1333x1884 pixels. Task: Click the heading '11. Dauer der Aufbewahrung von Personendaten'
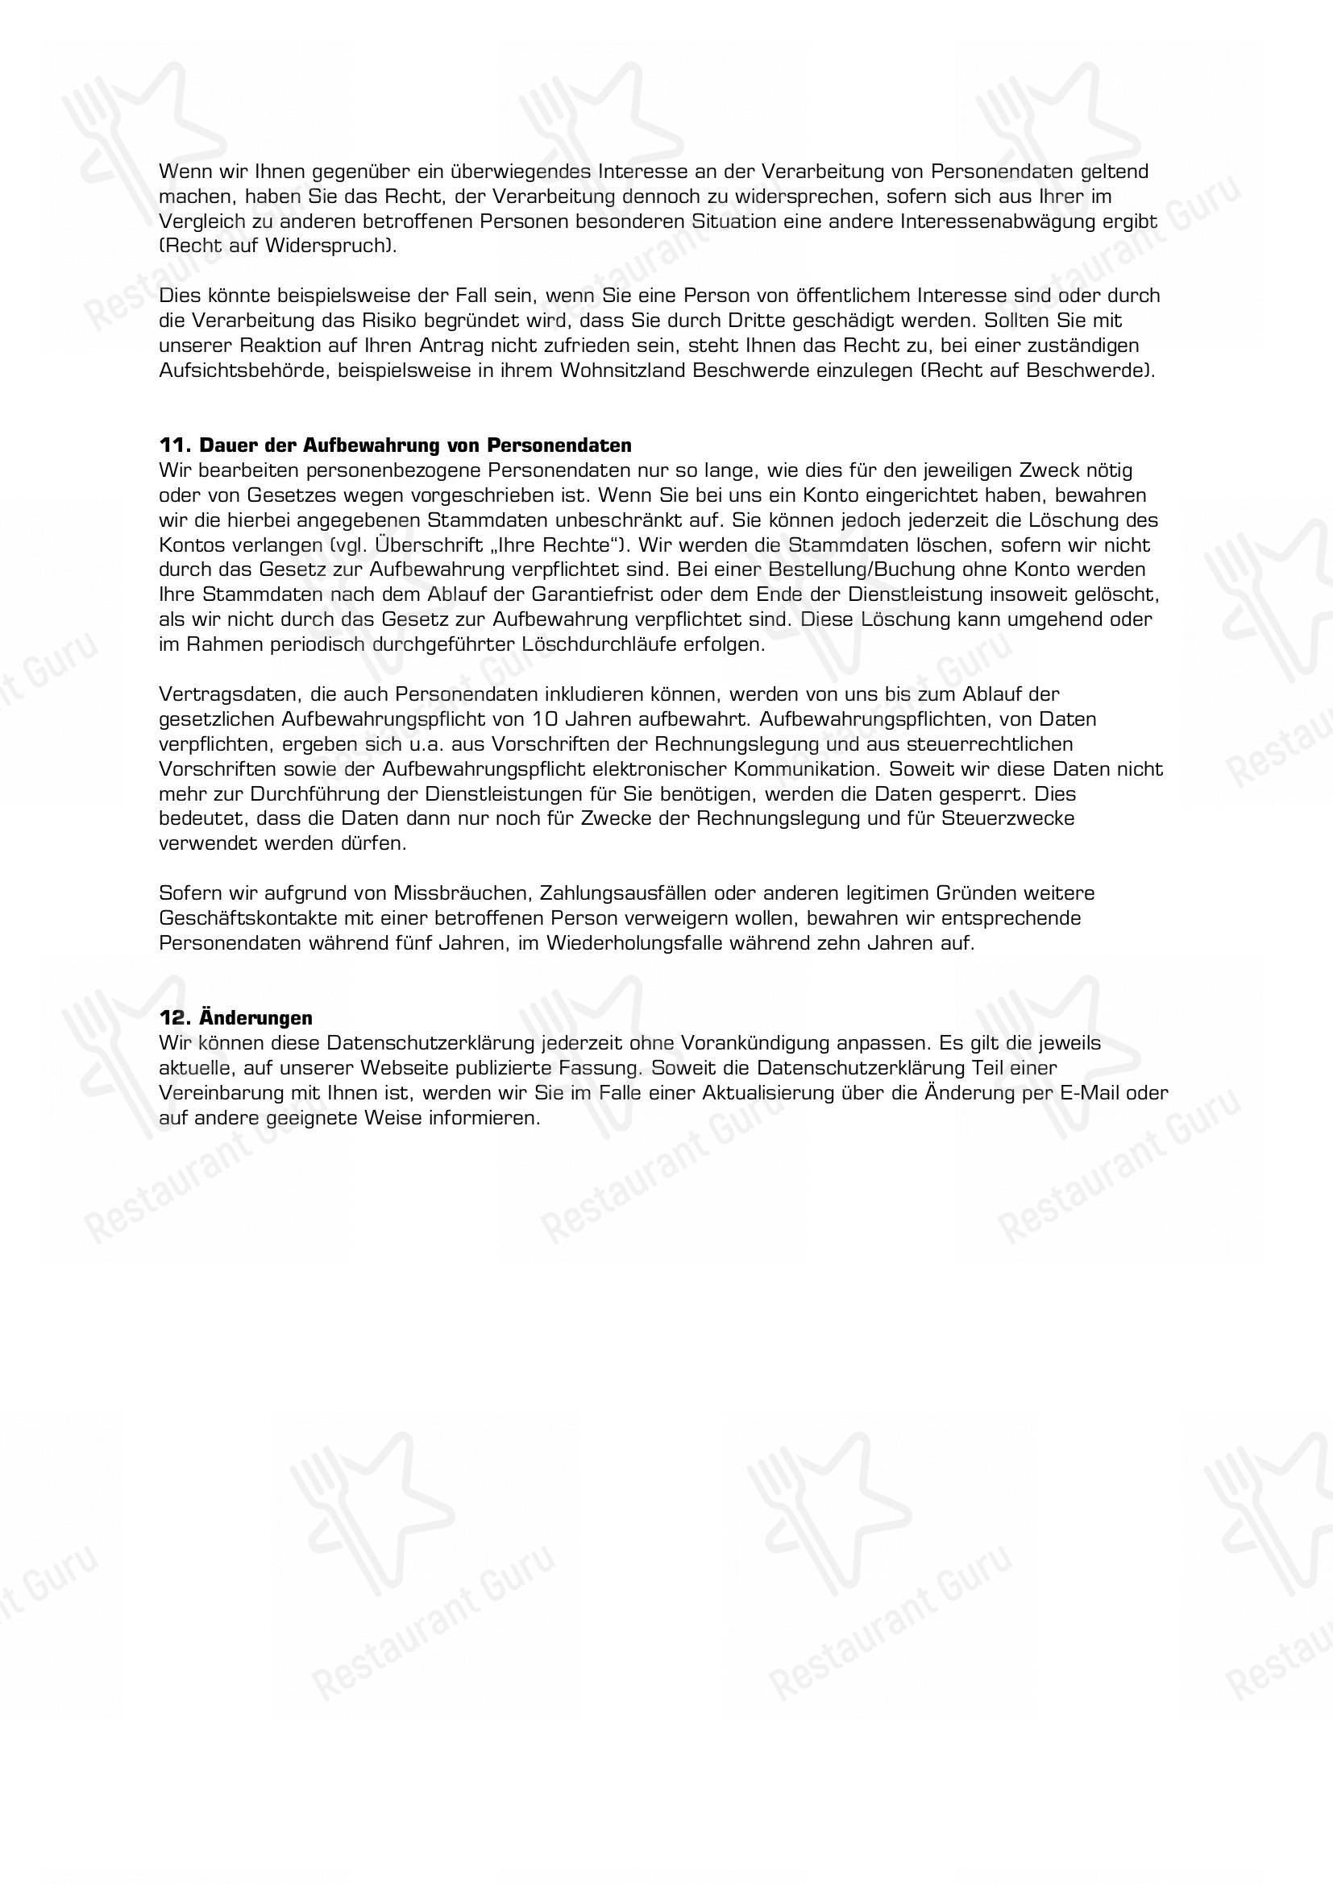point(395,445)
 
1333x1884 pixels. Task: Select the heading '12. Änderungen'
point(235,1017)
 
